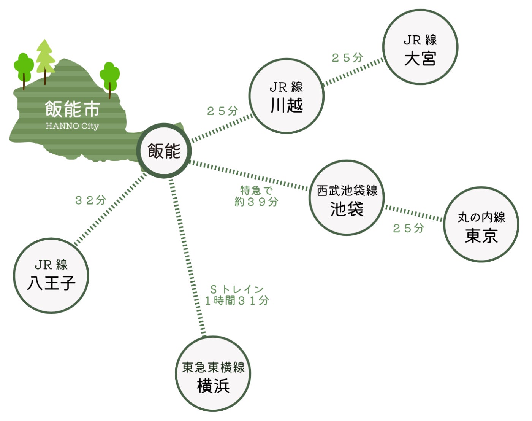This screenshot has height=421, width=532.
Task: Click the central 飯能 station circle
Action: click(x=164, y=151)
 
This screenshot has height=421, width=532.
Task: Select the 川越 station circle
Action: click(x=287, y=96)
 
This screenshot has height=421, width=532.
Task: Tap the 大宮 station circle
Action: click(x=420, y=47)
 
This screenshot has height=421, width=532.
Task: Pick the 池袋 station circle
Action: click(x=347, y=198)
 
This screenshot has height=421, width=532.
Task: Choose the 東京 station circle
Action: click(x=481, y=224)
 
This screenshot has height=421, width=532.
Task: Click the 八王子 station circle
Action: click(x=51, y=276)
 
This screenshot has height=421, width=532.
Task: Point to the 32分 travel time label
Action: click(x=90, y=200)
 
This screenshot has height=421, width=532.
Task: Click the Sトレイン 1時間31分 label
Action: click(x=237, y=295)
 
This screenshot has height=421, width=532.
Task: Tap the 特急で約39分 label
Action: click(x=256, y=196)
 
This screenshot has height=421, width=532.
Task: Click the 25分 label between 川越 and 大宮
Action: click(x=347, y=58)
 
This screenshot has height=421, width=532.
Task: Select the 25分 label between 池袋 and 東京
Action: click(x=408, y=228)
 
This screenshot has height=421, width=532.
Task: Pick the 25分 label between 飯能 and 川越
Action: click(x=222, y=111)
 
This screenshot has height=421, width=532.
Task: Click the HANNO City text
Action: click(x=72, y=126)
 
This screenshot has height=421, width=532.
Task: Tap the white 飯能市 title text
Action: click(x=72, y=109)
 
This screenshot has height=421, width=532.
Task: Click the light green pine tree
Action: click(x=45, y=57)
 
